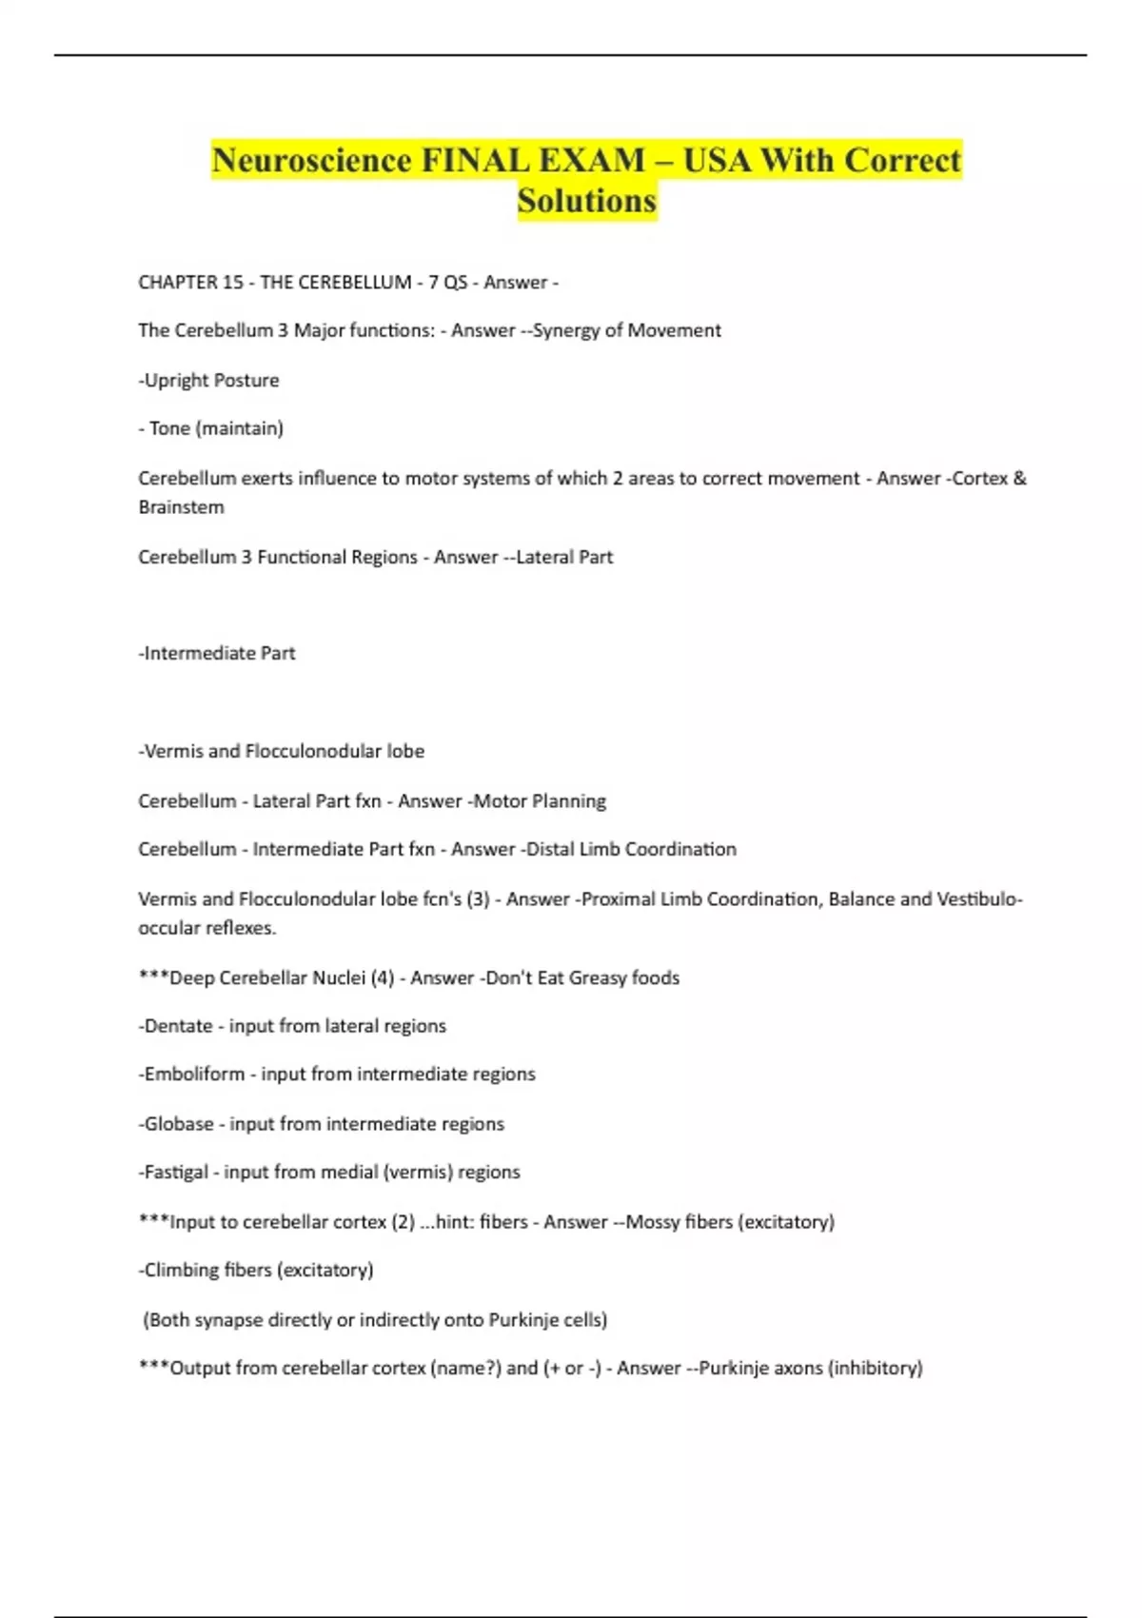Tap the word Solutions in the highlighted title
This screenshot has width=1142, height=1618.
(x=587, y=201)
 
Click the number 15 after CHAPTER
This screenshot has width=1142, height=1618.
(x=232, y=282)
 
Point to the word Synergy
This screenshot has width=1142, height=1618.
(x=565, y=330)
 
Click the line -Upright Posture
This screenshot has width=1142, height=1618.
(x=209, y=380)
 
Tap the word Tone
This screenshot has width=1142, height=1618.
(x=169, y=428)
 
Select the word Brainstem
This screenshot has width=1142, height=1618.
(x=181, y=507)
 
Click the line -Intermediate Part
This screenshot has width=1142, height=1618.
(x=217, y=653)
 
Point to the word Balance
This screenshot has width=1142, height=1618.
(x=861, y=898)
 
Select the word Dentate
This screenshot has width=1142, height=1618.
(x=178, y=1026)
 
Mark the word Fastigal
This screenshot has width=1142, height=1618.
(x=176, y=1172)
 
